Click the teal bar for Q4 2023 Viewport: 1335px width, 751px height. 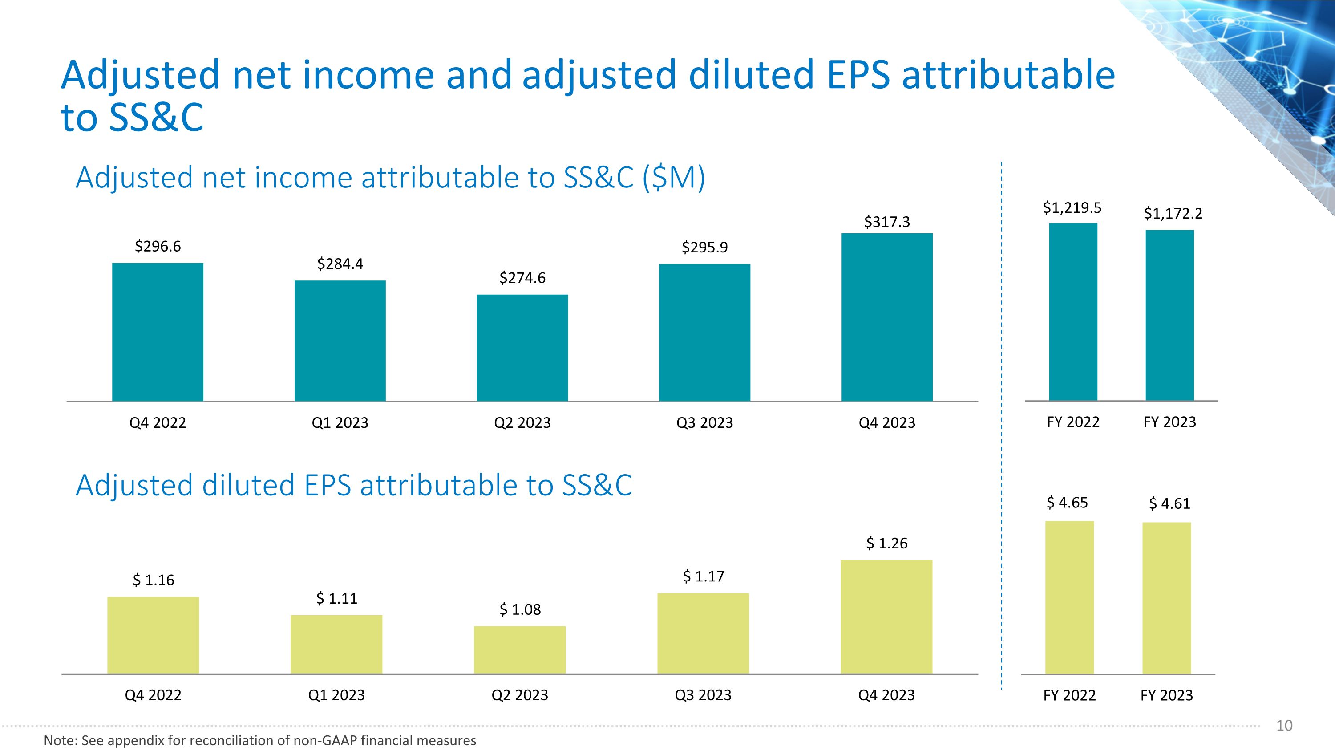(887, 317)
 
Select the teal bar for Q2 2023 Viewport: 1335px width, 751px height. (522, 348)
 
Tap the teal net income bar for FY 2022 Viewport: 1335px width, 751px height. (1073, 312)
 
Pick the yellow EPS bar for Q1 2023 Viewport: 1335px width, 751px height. (336, 644)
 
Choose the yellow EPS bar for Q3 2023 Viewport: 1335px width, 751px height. (703, 633)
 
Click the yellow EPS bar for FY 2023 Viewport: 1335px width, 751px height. (1167, 598)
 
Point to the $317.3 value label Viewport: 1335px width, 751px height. (887, 222)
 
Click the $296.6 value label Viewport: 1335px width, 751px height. (158, 246)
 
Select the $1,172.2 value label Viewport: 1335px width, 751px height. (1173, 214)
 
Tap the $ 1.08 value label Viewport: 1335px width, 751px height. (520, 609)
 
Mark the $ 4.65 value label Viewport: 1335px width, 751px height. (1067, 502)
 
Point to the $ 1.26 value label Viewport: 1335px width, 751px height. (887, 543)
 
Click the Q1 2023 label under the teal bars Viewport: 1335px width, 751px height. (340, 423)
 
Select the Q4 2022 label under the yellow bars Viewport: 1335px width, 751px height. (154, 695)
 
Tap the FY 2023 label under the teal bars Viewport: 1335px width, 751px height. (1169, 422)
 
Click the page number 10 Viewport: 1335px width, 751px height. (1284, 726)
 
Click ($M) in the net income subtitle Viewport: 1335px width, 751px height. (674, 178)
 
